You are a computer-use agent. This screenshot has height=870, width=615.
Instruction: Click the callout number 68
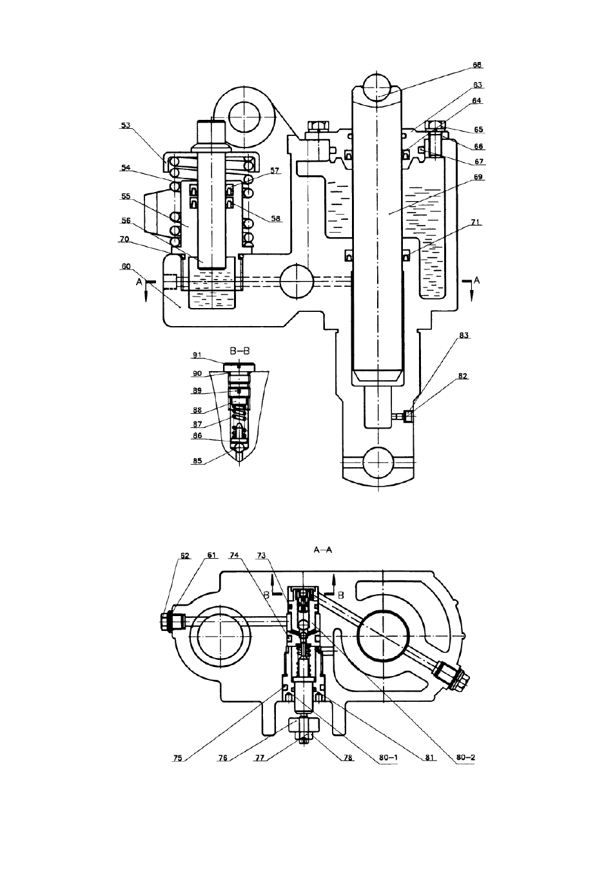[476, 65]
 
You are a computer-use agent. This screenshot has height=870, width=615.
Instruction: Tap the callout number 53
[126, 126]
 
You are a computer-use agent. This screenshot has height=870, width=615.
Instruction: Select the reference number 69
[478, 177]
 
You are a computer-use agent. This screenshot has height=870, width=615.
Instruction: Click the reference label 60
[126, 266]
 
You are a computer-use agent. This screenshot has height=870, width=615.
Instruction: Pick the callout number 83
[464, 335]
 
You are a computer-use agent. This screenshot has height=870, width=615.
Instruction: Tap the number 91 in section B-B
[197, 354]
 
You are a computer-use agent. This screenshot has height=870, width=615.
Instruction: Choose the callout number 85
[197, 461]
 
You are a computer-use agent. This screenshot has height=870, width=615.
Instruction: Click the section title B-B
[240, 351]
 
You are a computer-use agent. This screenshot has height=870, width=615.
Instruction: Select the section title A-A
[323, 550]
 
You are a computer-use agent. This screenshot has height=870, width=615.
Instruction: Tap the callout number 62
[184, 556]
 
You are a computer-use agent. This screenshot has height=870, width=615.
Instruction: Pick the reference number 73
[262, 556]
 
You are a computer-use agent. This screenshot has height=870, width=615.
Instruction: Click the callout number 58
[275, 218]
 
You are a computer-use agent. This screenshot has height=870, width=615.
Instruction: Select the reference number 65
[478, 130]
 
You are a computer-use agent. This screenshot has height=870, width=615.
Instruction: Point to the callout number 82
[463, 376]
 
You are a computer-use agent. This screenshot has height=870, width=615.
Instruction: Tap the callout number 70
[124, 239]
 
